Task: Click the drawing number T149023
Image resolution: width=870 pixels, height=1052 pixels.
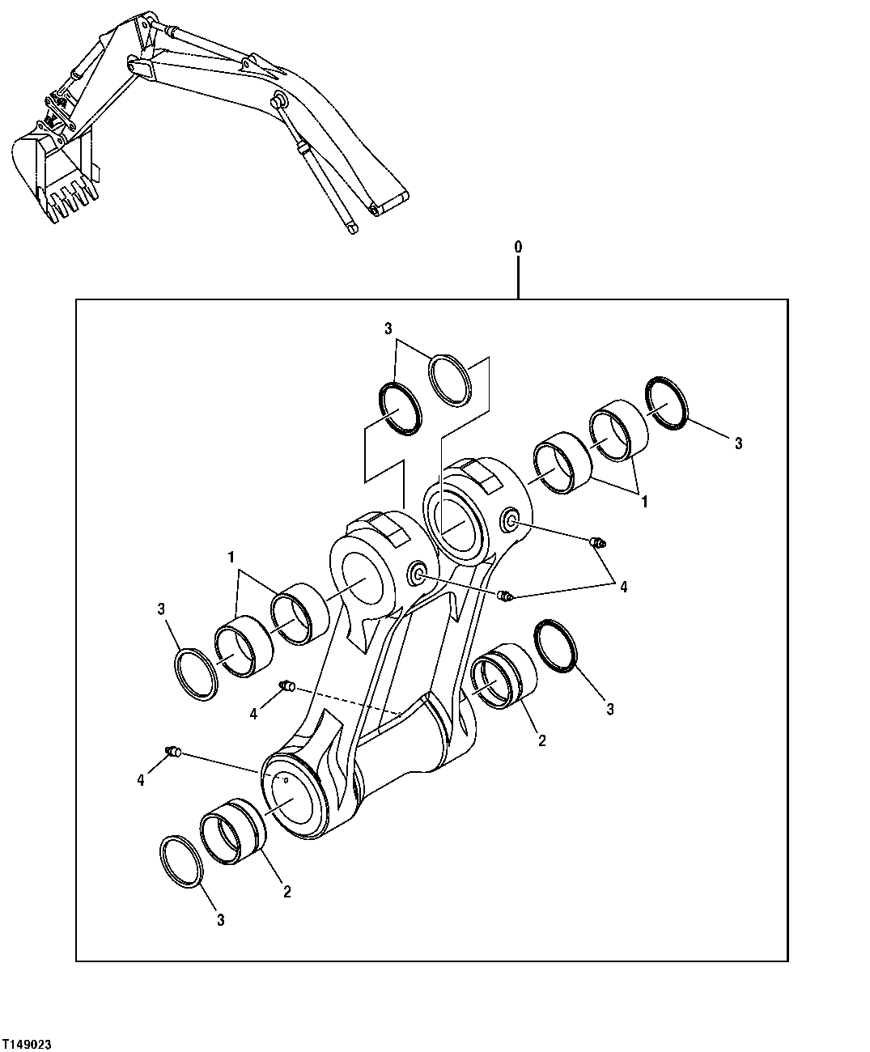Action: click(x=28, y=1045)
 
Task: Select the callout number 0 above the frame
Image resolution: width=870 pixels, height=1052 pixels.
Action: click(x=518, y=245)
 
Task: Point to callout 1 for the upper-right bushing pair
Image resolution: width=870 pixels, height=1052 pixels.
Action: click(x=644, y=502)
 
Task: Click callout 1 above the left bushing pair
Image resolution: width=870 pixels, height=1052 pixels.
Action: click(x=231, y=558)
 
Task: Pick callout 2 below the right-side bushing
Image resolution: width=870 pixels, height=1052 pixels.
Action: click(x=541, y=740)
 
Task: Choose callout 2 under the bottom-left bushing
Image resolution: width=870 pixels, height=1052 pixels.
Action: click(x=286, y=892)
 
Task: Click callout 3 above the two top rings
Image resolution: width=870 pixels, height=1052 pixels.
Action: click(x=388, y=329)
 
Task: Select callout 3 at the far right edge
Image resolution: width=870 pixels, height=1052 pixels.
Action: click(x=737, y=443)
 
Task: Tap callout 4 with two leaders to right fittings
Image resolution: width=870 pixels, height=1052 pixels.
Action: click(x=623, y=588)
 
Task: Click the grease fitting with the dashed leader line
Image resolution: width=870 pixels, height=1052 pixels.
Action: click(x=286, y=688)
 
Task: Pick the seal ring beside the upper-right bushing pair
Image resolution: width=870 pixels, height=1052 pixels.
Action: click(x=668, y=401)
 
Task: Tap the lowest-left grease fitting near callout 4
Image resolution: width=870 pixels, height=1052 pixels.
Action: click(x=172, y=752)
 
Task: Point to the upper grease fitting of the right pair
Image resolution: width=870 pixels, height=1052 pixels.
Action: click(x=599, y=544)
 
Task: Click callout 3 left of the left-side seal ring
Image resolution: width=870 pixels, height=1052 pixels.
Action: click(x=162, y=608)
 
